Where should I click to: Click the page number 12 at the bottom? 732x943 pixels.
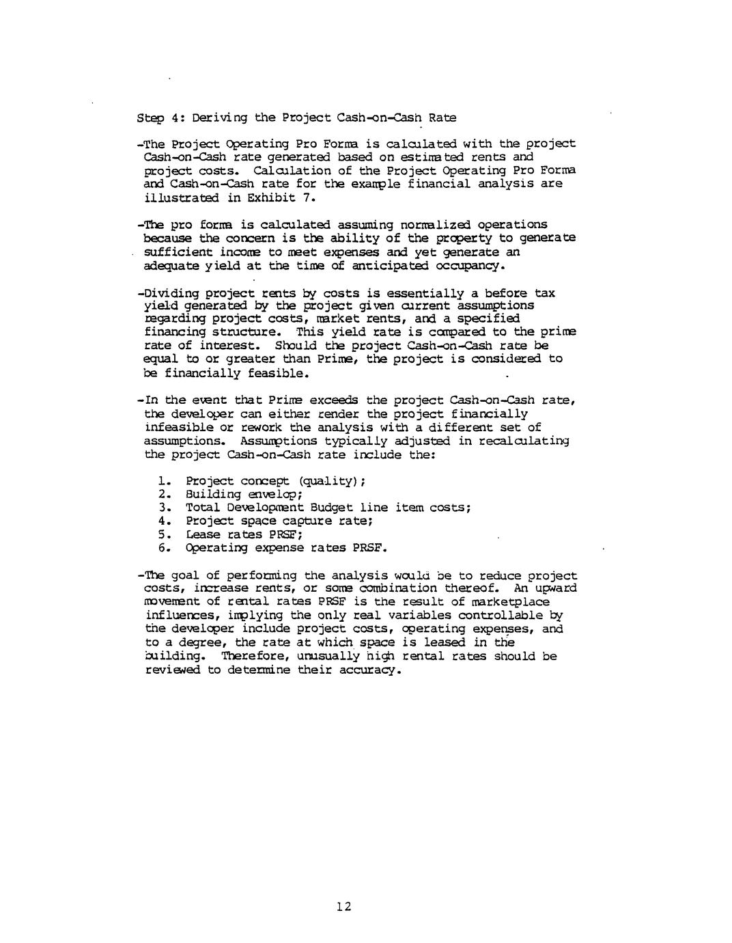(343, 907)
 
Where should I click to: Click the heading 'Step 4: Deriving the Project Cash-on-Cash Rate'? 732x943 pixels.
(296, 118)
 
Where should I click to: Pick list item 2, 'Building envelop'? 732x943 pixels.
(244, 494)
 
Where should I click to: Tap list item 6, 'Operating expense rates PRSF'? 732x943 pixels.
(285, 548)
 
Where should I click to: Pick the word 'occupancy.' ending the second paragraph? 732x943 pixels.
(466, 265)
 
